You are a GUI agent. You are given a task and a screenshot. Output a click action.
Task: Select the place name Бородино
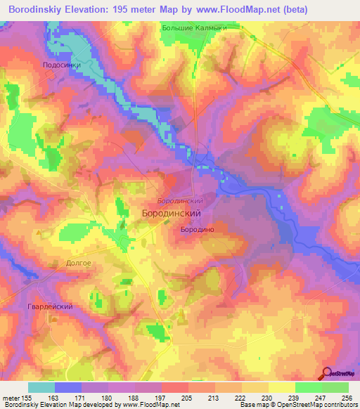pyautogui.click(x=197, y=229)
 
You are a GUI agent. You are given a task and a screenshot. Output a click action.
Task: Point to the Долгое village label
pyautogui.click(x=79, y=263)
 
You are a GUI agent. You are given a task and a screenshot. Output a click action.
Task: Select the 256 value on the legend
pyautogui.click(x=347, y=398)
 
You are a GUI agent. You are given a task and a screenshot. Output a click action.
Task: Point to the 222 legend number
pyautogui.click(x=240, y=398)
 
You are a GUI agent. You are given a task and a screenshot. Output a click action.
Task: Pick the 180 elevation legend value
pyautogui.click(x=108, y=398)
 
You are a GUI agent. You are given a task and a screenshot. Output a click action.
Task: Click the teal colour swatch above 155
pyautogui.click(x=41, y=387)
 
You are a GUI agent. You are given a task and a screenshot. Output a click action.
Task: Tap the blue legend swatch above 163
pyautogui.click(x=68, y=387)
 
